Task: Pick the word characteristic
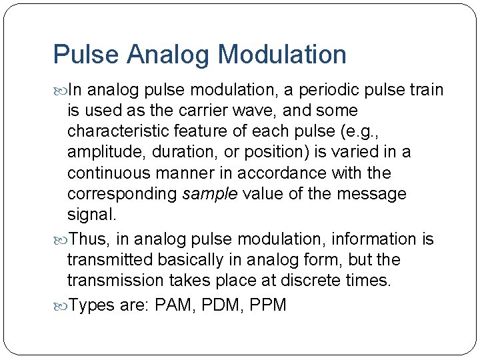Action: pos(120,131)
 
